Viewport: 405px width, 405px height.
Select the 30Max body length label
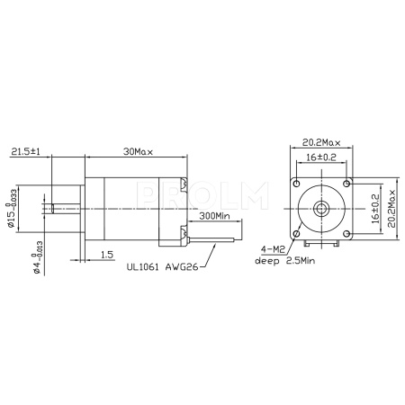(138, 152)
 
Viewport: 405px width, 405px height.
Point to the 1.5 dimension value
(106, 256)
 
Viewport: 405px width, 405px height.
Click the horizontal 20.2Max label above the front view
(320, 141)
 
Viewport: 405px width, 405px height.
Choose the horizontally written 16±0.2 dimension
(320, 157)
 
